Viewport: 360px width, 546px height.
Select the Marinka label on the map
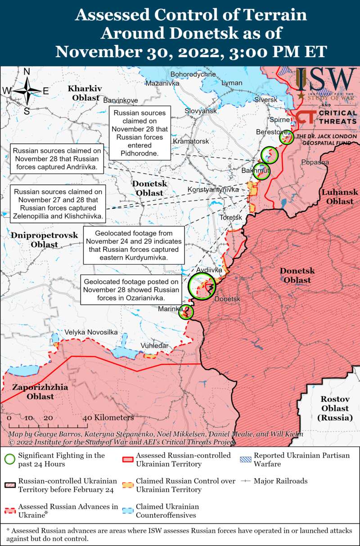171,309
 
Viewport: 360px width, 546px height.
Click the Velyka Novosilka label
91,332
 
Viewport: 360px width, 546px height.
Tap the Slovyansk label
201,111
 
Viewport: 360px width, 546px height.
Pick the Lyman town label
232,83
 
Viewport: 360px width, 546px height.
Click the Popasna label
315,162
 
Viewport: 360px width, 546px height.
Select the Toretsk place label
231,217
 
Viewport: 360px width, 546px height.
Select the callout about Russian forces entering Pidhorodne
139,134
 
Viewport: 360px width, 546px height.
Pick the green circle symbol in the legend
9,459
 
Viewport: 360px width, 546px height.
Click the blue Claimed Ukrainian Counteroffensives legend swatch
128,510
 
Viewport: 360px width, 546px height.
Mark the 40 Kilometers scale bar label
108,417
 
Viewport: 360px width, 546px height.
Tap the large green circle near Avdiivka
201,286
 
